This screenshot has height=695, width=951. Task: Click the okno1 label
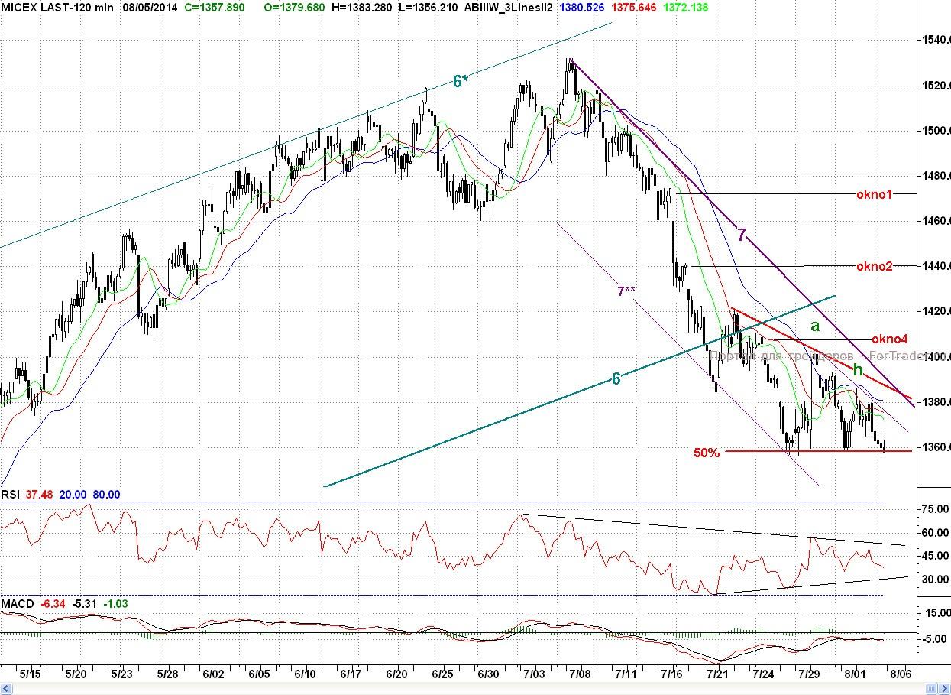[x=874, y=194]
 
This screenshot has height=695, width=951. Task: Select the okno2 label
[x=874, y=266]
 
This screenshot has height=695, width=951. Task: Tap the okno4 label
[x=889, y=339]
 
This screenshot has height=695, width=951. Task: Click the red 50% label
[x=707, y=453]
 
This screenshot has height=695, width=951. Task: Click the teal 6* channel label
[x=458, y=81]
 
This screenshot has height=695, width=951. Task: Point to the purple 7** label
[x=626, y=291]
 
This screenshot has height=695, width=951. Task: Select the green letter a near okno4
[x=815, y=326]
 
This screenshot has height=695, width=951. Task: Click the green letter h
[x=858, y=370]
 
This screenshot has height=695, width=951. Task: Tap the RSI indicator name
[x=10, y=495]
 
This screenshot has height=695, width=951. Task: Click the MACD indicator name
[x=17, y=604]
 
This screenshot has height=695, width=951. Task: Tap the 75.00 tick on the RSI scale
[x=934, y=509]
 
